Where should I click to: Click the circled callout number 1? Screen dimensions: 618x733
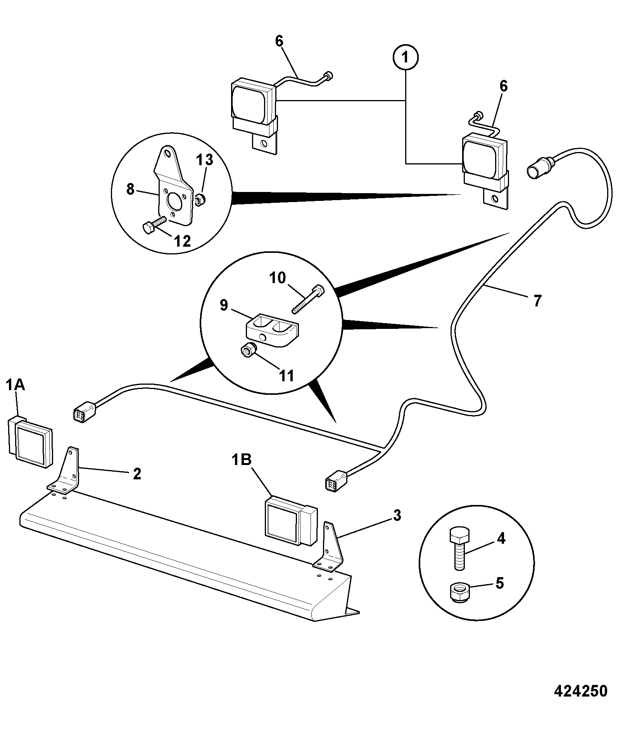coord(406,58)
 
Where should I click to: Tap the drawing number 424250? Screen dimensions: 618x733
coord(581,692)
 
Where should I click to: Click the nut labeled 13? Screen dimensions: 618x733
coord(200,200)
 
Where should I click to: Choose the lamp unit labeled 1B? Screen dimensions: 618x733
coord(291,520)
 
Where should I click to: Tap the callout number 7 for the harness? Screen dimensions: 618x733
coord(537,301)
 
